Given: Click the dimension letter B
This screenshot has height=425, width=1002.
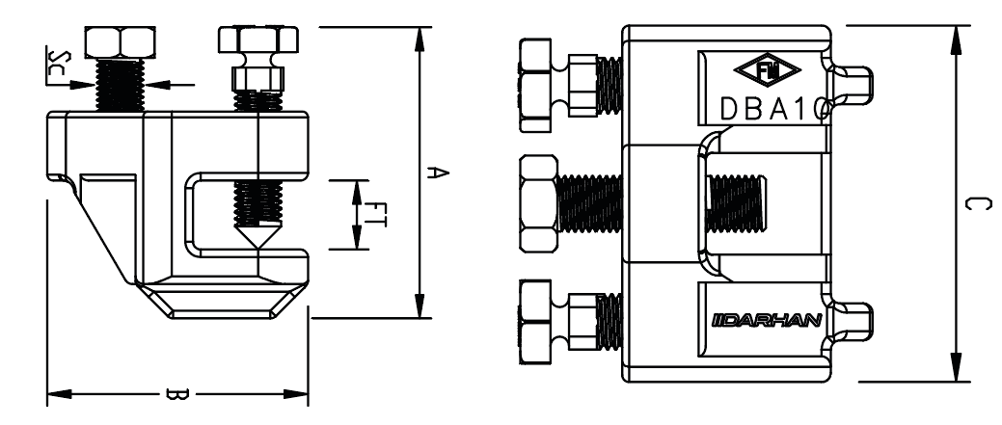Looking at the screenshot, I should point(177,393).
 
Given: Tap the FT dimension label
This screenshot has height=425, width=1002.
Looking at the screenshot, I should point(377,214).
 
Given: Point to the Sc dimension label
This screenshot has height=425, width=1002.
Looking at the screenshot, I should point(55,69).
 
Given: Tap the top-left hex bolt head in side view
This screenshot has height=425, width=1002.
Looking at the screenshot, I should point(114,43).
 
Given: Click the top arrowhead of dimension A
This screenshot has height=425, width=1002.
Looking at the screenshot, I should point(420,39).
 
